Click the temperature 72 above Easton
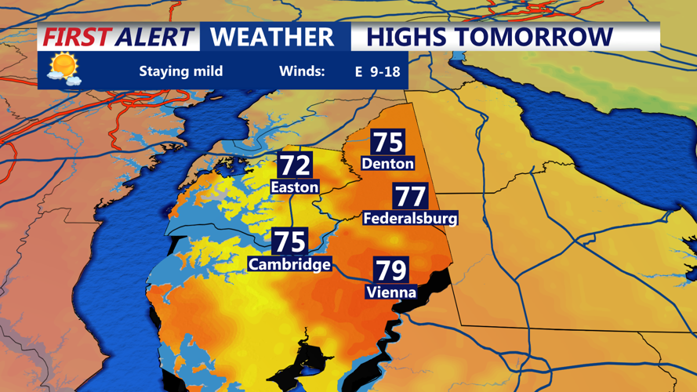coord(295,166)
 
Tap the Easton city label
coord(295,187)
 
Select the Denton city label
coord(387,164)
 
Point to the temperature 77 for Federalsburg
coord(410,197)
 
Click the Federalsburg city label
coord(410,219)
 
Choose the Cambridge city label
coord(289,264)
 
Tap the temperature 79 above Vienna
coord(391,270)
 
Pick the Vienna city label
coord(391,292)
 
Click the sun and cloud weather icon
coord(64,69)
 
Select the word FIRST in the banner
coord(75,37)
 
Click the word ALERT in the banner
coord(154,37)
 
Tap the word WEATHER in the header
coord(272,37)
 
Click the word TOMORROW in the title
coord(541,37)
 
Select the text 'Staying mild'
coord(181,71)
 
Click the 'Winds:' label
coord(302,71)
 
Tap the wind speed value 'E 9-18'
coord(377,72)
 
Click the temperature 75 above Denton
coord(388,143)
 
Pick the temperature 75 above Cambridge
coord(289,241)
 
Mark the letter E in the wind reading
coord(359,72)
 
